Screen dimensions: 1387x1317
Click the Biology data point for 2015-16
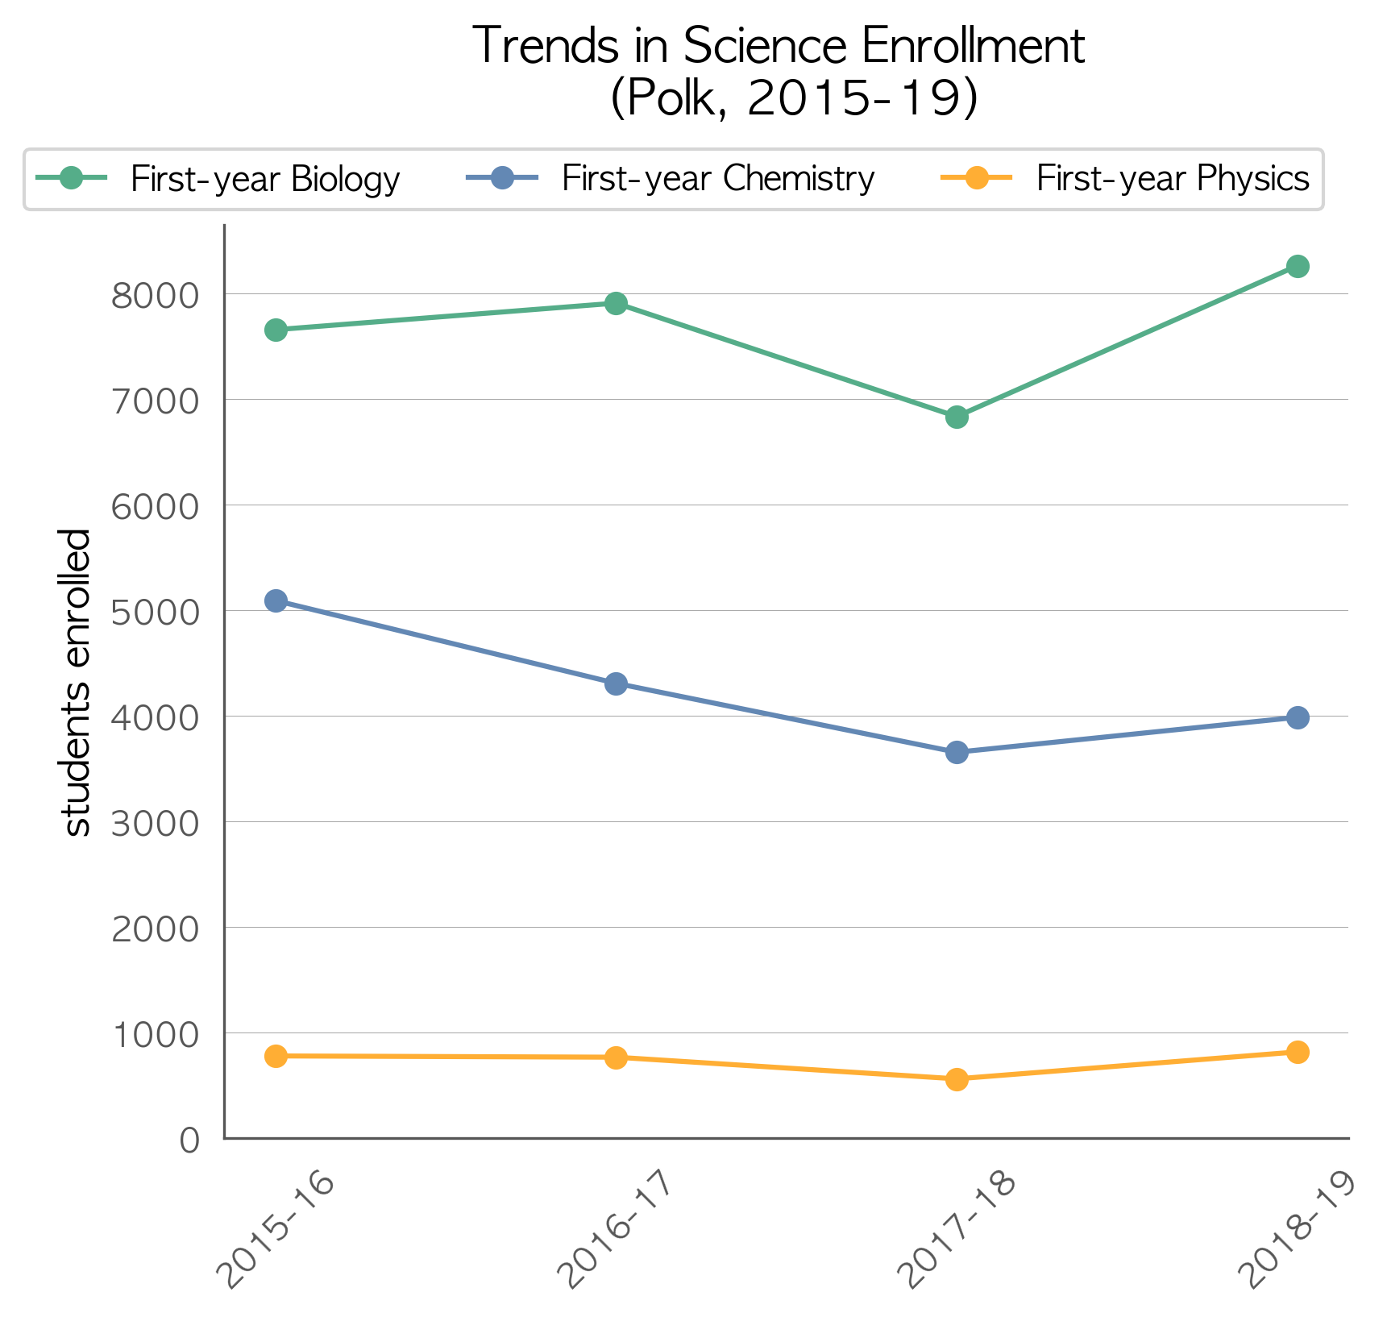click(x=276, y=330)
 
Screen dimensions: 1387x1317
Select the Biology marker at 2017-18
click(x=957, y=417)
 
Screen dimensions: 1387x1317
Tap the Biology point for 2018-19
click(x=1298, y=266)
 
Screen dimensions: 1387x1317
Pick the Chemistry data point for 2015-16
click(x=276, y=600)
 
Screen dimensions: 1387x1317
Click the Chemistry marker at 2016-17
click(x=616, y=684)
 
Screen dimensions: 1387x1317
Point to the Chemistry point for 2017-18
click(x=957, y=753)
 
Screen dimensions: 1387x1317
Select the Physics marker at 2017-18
click(x=957, y=1079)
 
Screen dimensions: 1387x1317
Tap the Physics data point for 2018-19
click(x=1298, y=1052)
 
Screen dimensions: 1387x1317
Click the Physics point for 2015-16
click(x=276, y=1056)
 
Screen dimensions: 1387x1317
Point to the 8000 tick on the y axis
click(x=155, y=296)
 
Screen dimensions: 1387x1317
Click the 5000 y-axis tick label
click(x=155, y=613)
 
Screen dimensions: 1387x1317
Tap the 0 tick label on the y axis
click(x=189, y=1140)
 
